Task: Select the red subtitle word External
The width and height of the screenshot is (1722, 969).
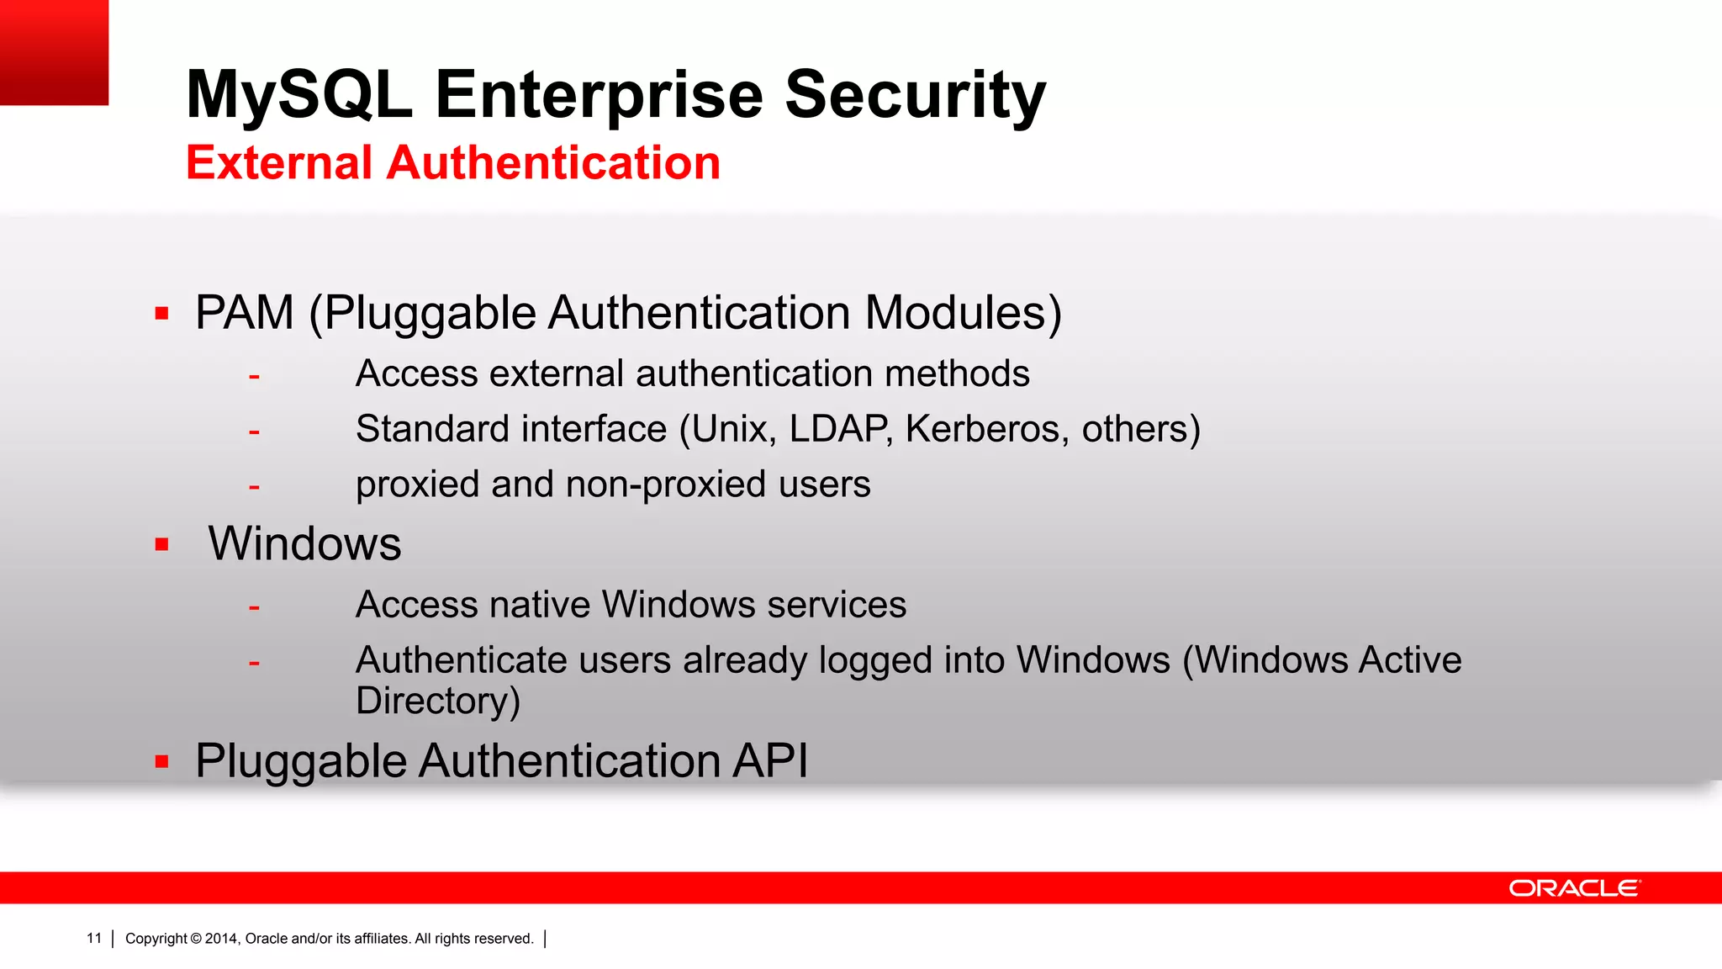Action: point(278,162)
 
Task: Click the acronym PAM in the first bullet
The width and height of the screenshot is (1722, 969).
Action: point(245,313)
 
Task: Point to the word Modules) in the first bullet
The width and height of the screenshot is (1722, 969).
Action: point(963,313)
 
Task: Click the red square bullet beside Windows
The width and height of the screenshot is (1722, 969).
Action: point(162,544)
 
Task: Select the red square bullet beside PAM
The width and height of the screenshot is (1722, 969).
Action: point(162,315)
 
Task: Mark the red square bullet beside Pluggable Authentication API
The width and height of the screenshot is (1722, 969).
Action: point(162,762)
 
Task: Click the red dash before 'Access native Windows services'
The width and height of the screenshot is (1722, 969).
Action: point(254,606)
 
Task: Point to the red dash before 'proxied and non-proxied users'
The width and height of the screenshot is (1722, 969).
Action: point(254,487)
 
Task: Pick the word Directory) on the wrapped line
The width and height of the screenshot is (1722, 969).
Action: point(438,701)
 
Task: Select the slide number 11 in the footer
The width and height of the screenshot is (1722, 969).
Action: point(94,939)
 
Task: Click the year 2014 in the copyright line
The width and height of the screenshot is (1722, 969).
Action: point(221,939)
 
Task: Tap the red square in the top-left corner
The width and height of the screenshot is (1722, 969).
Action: point(54,52)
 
